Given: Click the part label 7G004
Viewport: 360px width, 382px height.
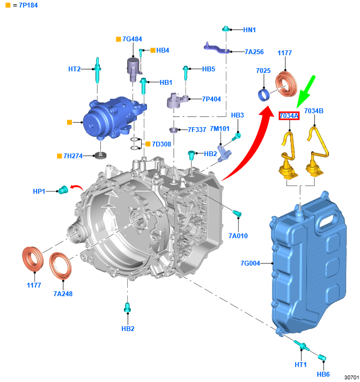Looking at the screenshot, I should click(x=251, y=263).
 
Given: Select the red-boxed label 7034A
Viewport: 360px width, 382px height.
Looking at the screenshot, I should click(x=289, y=115).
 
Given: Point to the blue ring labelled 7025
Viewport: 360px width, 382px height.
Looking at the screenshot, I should click(x=264, y=95).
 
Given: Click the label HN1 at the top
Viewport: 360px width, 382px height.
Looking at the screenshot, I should click(x=250, y=30).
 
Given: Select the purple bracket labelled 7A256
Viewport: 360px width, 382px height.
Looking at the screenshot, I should click(x=217, y=48).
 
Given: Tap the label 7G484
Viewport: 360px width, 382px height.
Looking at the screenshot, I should click(x=132, y=39).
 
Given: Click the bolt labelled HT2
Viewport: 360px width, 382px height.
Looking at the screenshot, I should click(x=98, y=70).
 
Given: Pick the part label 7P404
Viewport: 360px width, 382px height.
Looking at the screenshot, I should click(x=212, y=99).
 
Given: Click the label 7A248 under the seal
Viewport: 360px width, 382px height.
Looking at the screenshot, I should click(x=63, y=293).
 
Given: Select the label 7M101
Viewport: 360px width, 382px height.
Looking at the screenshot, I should click(x=219, y=128).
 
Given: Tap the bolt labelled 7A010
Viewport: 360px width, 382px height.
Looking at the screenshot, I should click(x=237, y=214).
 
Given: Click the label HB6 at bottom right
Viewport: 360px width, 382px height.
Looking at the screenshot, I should click(x=324, y=374).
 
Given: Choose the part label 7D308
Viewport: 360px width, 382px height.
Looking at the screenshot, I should click(x=161, y=144).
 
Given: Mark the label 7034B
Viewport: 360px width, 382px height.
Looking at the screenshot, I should click(x=314, y=111).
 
